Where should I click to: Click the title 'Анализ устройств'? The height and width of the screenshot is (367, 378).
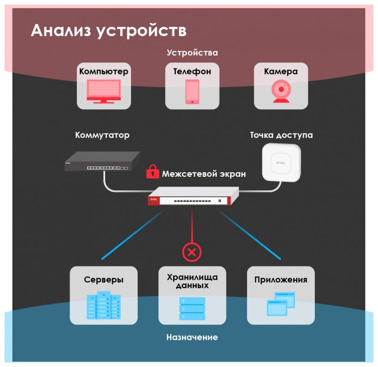(x=109, y=31)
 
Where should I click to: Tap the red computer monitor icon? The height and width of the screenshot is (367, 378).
(x=104, y=91)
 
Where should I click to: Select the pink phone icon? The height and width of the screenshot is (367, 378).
(x=192, y=91)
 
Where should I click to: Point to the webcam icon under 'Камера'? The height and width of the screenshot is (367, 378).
(x=281, y=91)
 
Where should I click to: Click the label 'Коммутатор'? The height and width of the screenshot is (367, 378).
(x=102, y=135)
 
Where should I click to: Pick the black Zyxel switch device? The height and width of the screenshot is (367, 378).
(x=102, y=161)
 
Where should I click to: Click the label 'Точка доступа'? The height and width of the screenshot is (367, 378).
(x=281, y=135)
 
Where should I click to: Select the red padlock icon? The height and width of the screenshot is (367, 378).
(x=152, y=172)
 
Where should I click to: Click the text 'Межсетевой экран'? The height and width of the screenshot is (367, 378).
(x=204, y=174)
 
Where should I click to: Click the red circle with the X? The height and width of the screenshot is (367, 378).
(x=192, y=252)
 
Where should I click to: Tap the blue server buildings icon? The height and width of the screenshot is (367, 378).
(x=104, y=305)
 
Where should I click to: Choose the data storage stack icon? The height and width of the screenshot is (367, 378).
(x=192, y=308)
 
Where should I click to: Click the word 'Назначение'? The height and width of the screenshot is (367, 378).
(x=192, y=337)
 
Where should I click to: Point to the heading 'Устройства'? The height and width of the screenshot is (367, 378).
(x=192, y=53)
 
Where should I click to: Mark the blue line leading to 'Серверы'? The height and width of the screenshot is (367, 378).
(x=131, y=235)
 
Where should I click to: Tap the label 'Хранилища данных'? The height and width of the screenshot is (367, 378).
(x=192, y=281)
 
